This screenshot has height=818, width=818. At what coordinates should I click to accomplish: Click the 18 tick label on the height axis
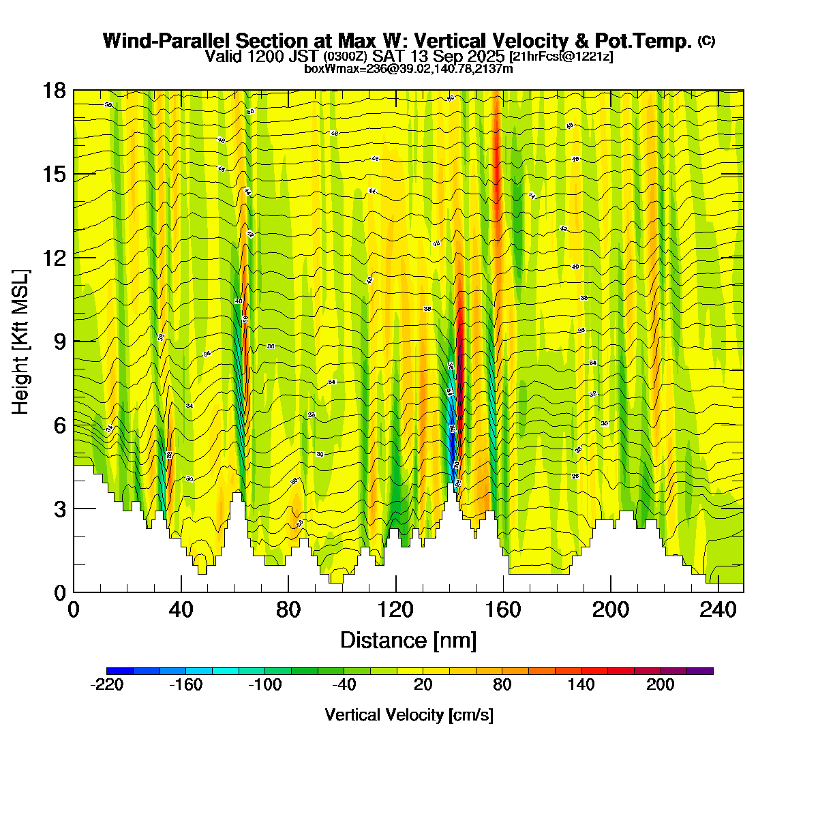pos(55,91)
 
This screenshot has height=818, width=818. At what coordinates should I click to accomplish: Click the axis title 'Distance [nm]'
pos(408,641)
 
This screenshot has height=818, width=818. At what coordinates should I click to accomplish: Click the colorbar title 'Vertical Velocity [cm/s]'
pos(409,715)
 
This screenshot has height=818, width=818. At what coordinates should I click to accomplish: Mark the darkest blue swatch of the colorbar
pos(120,671)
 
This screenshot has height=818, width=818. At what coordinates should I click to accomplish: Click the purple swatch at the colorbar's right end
pos(700,671)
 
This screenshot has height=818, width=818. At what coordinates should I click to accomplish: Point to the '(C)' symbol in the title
pos(706,41)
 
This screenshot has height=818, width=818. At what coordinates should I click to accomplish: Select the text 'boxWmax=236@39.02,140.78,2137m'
pos(408,68)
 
